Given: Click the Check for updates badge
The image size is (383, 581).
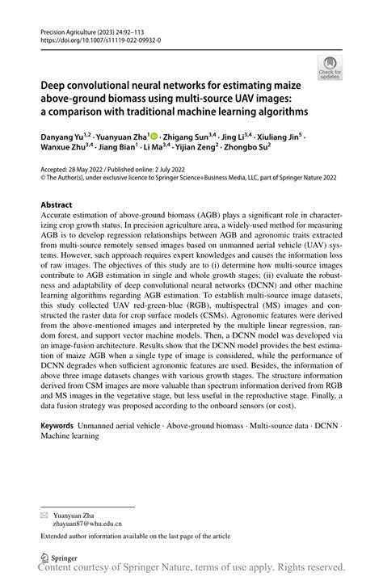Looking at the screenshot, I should pos(330,67).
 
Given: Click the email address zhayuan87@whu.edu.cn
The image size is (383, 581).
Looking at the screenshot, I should pos(88,523).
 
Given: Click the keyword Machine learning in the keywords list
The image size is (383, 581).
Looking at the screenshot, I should pos(69,436).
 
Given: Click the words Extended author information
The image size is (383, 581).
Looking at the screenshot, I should pos(90,536).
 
